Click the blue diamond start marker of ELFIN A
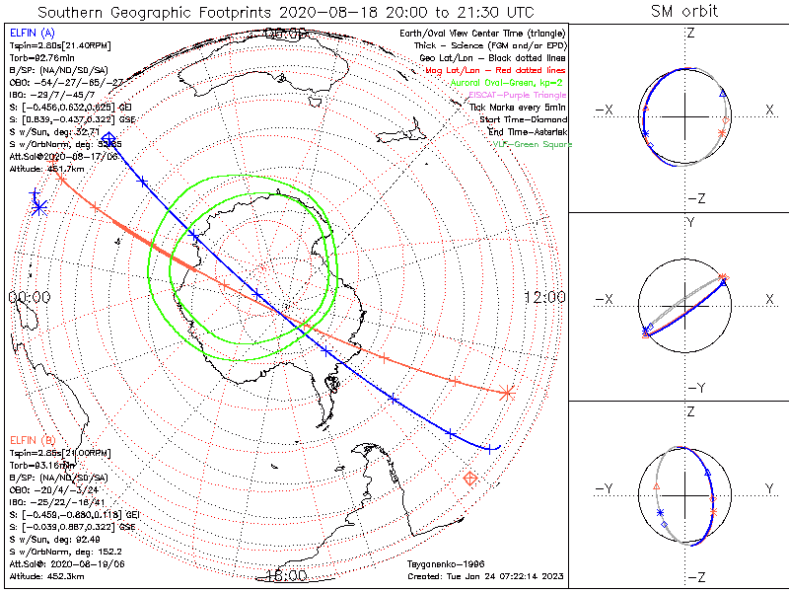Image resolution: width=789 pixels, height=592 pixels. (108, 138)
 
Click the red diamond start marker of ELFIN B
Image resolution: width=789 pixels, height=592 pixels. (471, 479)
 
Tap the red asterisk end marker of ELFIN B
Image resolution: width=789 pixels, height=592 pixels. (508, 392)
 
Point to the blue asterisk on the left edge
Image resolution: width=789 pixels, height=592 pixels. (38, 206)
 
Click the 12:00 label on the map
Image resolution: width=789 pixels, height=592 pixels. (543, 297)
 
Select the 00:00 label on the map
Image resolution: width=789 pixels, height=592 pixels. (30, 297)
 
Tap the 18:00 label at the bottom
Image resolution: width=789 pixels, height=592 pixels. (286, 574)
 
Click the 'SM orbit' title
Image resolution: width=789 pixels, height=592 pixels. (684, 12)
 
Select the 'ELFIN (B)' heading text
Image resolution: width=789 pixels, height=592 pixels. (31, 440)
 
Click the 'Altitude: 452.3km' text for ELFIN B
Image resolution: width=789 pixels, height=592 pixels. (47, 574)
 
